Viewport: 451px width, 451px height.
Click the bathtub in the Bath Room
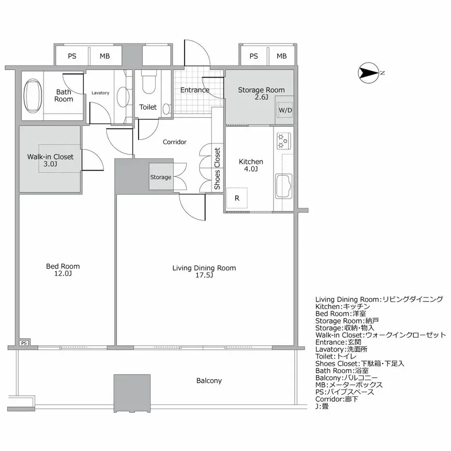[33, 96]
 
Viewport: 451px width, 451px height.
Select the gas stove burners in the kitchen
[284, 141]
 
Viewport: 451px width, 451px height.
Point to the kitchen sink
[283, 186]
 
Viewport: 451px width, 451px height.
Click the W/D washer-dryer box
[285, 110]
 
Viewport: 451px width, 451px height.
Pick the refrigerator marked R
[237, 198]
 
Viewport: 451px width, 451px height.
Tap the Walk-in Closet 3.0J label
[50, 160]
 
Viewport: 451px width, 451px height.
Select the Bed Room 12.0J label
[63, 270]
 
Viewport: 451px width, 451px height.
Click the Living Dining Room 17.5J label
[204, 272]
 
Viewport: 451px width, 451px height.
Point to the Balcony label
[209, 381]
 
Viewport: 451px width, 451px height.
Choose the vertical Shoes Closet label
[217, 169]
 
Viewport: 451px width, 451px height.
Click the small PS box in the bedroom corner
[24, 343]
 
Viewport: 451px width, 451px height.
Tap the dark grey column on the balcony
[132, 393]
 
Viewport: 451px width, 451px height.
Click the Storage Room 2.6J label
[262, 94]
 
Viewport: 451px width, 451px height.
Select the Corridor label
[175, 142]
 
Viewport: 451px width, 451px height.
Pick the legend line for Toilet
[336, 356]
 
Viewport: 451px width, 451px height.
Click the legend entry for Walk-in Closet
[381, 335]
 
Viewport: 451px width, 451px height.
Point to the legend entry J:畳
[322, 407]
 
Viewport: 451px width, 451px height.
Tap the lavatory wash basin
[123, 97]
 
